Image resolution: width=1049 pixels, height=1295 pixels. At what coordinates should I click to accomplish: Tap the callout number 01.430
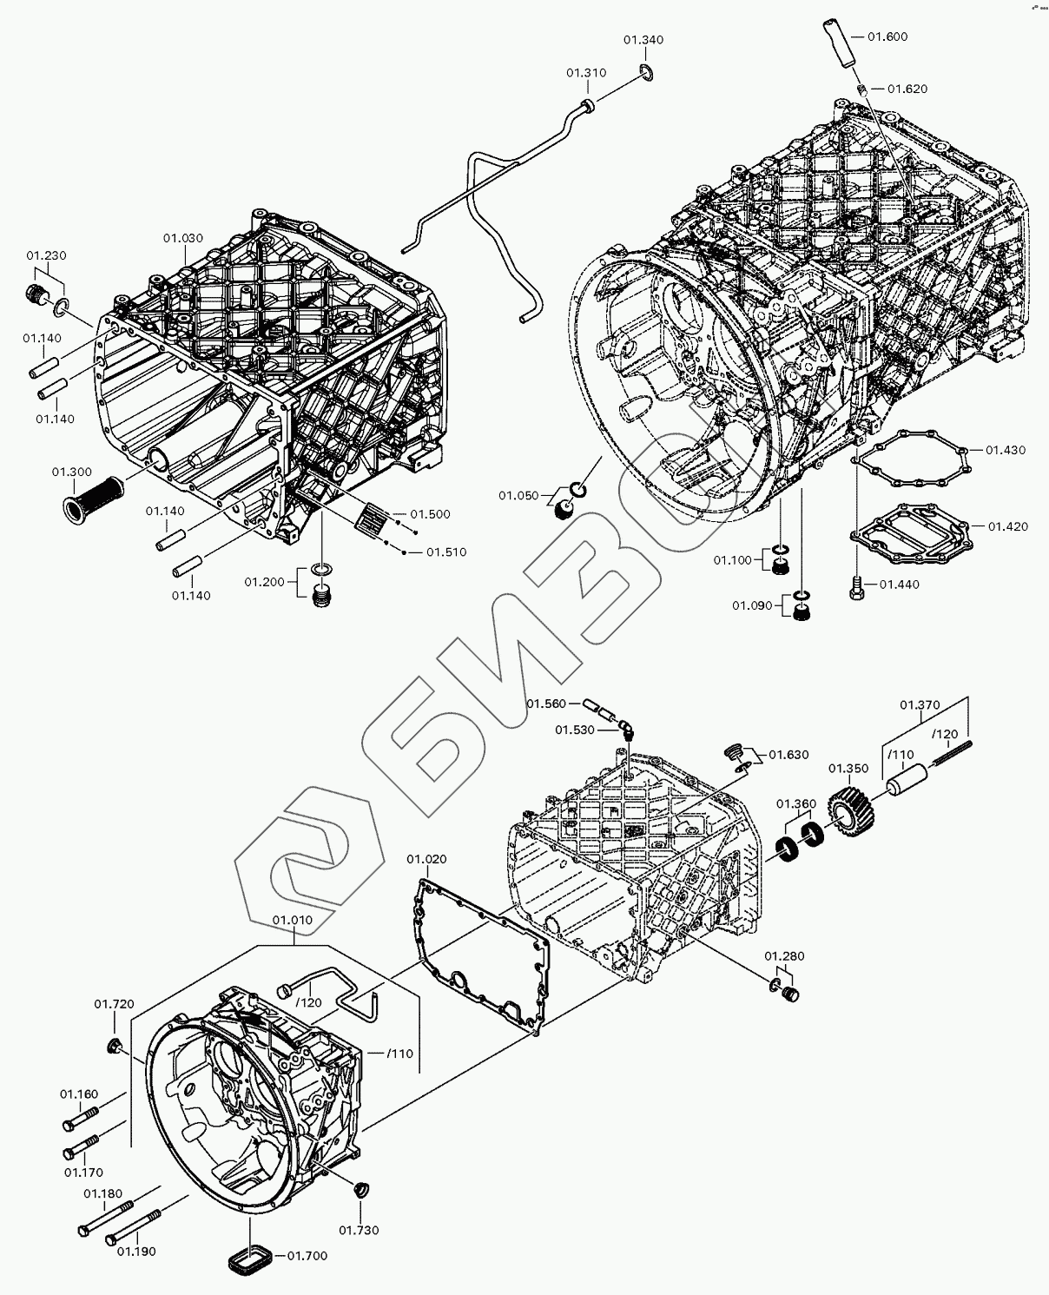[x=1006, y=450]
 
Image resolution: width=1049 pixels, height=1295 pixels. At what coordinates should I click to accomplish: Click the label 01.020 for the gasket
[x=426, y=859]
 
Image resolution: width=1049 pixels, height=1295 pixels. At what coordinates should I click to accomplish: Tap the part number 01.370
[x=920, y=704]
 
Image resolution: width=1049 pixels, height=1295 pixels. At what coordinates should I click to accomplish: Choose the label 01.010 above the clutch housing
[x=293, y=919]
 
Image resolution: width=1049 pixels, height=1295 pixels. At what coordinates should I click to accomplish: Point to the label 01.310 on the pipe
[x=586, y=73]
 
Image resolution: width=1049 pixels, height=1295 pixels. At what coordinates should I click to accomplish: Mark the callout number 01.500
[x=431, y=514]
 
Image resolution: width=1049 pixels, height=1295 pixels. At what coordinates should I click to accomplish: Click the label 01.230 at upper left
[x=46, y=255]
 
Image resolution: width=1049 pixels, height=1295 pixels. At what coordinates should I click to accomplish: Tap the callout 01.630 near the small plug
[x=788, y=754]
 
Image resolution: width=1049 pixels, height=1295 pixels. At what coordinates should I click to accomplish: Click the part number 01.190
[x=137, y=1251]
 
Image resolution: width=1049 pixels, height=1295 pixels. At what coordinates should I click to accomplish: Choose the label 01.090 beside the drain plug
[x=752, y=605]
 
